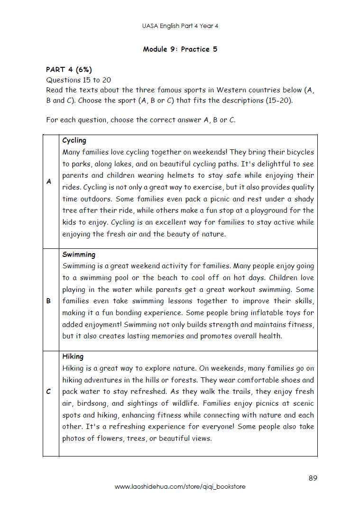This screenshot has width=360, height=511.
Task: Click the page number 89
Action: pos(313,478)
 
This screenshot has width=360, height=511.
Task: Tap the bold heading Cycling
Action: pos(74,140)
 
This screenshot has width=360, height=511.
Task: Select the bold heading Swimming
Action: pos(79,255)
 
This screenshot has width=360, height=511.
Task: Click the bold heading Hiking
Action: pos(73,356)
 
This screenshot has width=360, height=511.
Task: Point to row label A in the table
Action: pos(49,182)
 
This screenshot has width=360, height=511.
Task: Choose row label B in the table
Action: pos(49,301)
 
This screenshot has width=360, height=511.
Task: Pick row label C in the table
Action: pos(49,392)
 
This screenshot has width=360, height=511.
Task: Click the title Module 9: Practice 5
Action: pos(180,49)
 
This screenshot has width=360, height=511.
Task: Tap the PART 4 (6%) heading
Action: pos(69,70)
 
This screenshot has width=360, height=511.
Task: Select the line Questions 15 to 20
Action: pos(78,80)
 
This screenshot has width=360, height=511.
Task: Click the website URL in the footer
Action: pos(180,487)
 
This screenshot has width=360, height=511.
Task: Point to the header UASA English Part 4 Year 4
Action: pos(180,26)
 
